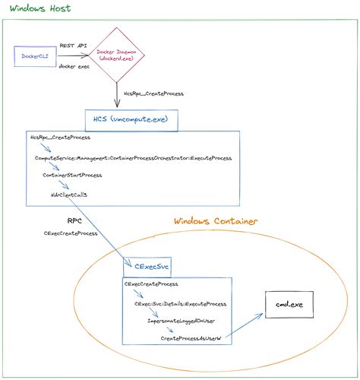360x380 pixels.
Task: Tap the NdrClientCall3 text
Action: coord(69,195)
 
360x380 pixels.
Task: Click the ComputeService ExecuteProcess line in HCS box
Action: coord(133,157)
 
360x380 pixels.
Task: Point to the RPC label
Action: coord(75,220)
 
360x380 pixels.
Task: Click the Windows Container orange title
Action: coord(216,221)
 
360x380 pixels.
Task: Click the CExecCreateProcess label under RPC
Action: coord(71,233)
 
